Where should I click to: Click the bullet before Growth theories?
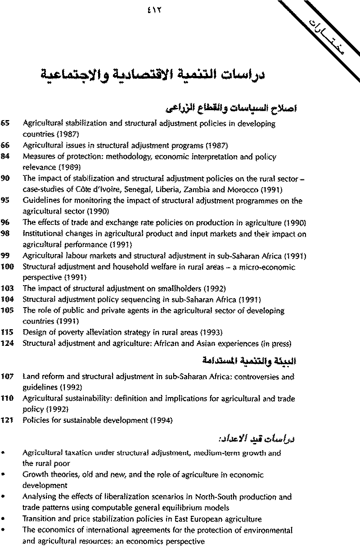(x=3, y=475)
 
